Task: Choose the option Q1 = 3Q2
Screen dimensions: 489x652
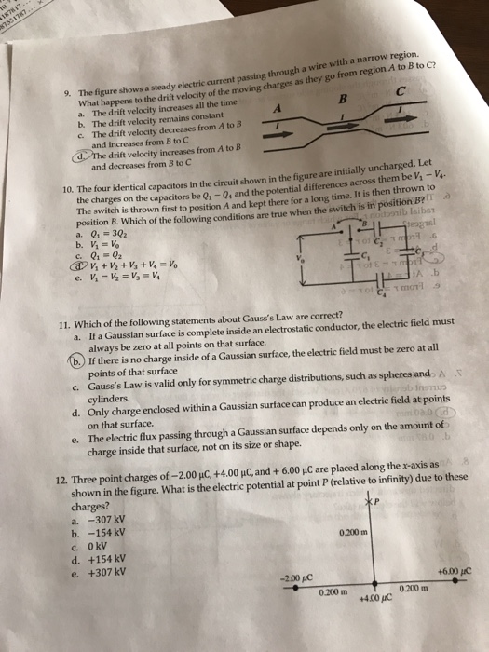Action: (101, 236)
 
